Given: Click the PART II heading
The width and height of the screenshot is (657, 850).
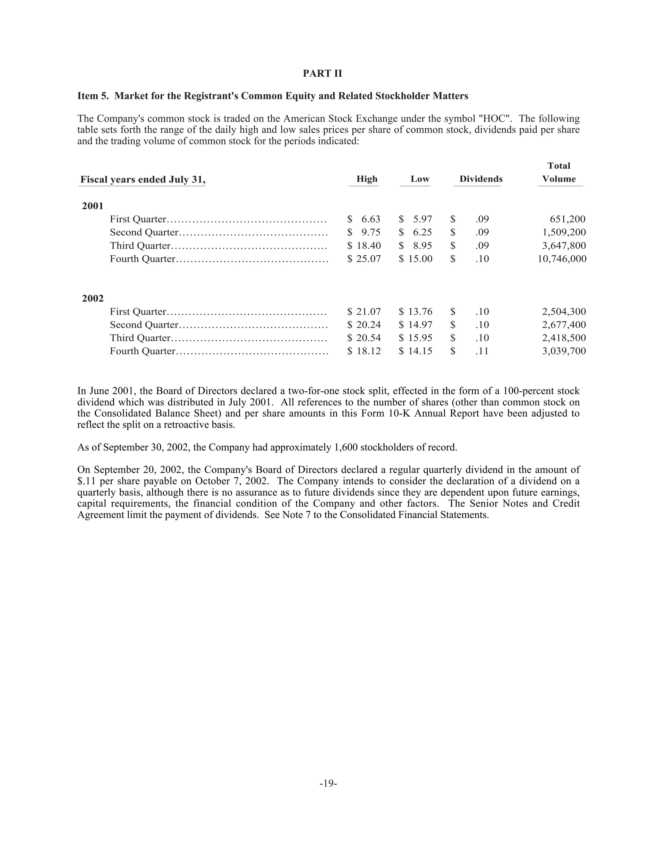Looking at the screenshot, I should (x=322, y=73).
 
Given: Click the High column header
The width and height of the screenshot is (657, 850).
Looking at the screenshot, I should (x=367, y=179).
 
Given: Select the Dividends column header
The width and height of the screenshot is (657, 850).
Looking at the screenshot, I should (x=481, y=179).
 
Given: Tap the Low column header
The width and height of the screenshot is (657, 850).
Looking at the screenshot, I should (x=420, y=179).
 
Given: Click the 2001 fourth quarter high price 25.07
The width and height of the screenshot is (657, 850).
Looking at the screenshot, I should (x=368, y=259).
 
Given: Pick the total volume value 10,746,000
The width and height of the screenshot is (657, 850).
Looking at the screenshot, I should (x=562, y=259).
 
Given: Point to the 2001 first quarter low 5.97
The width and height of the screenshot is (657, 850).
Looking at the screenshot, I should (x=422, y=219).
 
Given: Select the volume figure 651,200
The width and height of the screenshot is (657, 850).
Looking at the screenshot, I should (x=567, y=219).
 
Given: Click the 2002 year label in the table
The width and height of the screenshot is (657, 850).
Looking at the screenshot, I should (x=93, y=299).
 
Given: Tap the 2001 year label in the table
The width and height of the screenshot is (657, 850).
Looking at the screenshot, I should (x=93, y=206).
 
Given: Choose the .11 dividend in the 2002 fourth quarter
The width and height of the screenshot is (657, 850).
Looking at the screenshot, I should (x=482, y=351).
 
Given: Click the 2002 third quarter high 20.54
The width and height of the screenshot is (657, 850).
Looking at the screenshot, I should (x=368, y=338).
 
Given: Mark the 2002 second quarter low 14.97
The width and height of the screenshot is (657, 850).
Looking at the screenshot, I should (x=420, y=325).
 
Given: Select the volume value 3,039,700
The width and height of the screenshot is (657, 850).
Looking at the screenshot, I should (x=564, y=351).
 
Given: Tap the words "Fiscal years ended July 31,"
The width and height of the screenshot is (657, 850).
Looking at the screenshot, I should (x=142, y=179).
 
